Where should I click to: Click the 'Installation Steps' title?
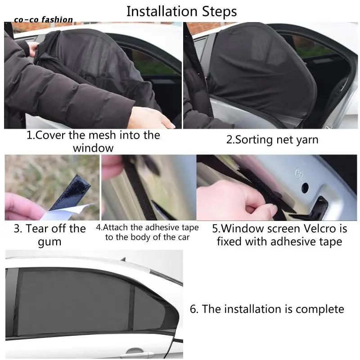click(x=182, y=12)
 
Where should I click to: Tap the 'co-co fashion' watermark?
click(x=43, y=20)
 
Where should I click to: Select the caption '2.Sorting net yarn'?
click(x=272, y=140)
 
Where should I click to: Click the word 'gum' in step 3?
click(x=49, y=242)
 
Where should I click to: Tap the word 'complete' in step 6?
click(x=320, y=309)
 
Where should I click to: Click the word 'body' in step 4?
click(x=140, y=238)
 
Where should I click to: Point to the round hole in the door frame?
click(x=305, y=188)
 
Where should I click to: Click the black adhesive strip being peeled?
click(x=71, y=193)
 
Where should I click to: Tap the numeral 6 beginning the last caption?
click(x=193, y=309)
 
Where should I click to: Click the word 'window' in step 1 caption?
click(x=93, y=148)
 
